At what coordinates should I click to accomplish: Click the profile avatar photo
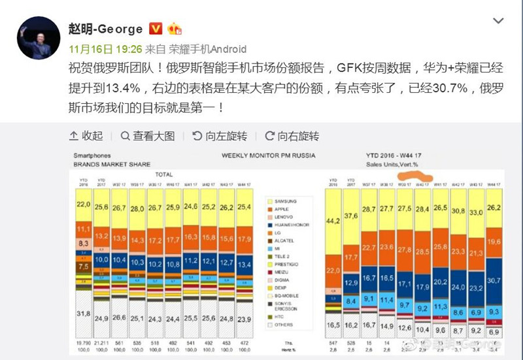pyautogui.click(x=35, y=37)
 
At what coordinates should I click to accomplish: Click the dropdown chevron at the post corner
pyautogui.click(x=498, y=22)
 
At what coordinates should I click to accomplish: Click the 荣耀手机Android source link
pyautogui.click(x=207, y=49)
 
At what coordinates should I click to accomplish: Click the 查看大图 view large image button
pyautogui.click(x=148, y=136)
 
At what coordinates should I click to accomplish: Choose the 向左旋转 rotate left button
pyautogui.click(x=220, y=136)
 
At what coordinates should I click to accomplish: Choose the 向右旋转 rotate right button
pyautogui.click(x=292, y=136)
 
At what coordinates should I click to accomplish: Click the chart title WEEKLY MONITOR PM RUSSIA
pyautogui.click(x=268, y=155)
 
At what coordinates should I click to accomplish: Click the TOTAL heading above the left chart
pyautogui.click(x=163, y=174)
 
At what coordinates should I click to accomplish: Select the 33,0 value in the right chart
pyautogui.click(x=477, y=212)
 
